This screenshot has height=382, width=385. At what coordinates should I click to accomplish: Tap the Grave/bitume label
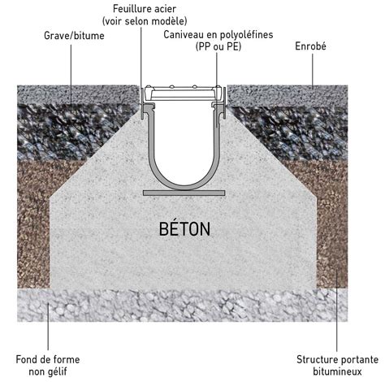pyautogui.click(x=74, y=36)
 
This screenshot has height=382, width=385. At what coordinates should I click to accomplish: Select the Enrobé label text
pyautogui.click(x=310, y=46)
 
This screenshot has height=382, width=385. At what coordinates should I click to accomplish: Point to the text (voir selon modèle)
pyautogui.click(x=145, y=21)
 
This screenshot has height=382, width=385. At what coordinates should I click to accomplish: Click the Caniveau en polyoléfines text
pyautogui.click(x=218, y=35)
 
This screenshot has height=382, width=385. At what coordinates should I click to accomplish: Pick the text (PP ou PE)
pyautogui.click(x=218, y=46)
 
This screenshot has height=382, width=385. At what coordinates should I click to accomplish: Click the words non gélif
pyautogui.click(x=48, y=371)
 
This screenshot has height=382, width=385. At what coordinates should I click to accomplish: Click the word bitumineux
pyautogui.click(x=337, y=371)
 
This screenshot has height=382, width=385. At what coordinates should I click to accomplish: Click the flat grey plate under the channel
pyautogui.click(x=184, y=193)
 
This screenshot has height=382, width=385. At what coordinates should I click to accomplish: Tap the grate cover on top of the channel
pyautogui.click(x=184, y=93)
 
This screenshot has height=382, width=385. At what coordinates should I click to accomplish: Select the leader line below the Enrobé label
pyautogui.click(x=312, y=71)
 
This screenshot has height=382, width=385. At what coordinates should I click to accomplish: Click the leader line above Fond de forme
pyautogui.click(x=48, y=327)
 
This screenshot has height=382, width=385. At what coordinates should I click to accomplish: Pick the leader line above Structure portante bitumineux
pyautogui.click(x=337, y=310)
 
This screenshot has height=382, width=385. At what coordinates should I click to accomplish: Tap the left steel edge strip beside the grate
pyautogui.click(x=141, y=103)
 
